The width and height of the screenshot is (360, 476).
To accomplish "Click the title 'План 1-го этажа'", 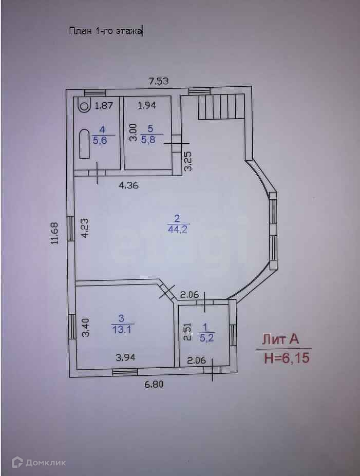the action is pos(106,31).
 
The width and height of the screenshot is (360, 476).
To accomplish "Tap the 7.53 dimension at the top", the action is pos(158,81).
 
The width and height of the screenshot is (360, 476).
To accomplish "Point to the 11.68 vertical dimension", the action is pos(55,233).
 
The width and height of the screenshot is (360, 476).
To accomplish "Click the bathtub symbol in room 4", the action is pos(84,145).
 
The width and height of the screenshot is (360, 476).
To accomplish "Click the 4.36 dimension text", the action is pos(128,185).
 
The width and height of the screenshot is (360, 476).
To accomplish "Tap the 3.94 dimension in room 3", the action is pos(125,357).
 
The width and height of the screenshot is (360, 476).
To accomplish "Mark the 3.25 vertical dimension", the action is pos(188,161).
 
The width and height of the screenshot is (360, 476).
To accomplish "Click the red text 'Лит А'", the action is pos(280,339).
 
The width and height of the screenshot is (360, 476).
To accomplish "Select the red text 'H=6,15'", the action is pos(287,358).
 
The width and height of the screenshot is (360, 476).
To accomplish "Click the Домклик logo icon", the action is pos(17,462).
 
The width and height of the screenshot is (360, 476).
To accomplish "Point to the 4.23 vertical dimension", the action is pos(85,227).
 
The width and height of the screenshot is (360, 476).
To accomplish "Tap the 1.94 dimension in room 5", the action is pos(146,106).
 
